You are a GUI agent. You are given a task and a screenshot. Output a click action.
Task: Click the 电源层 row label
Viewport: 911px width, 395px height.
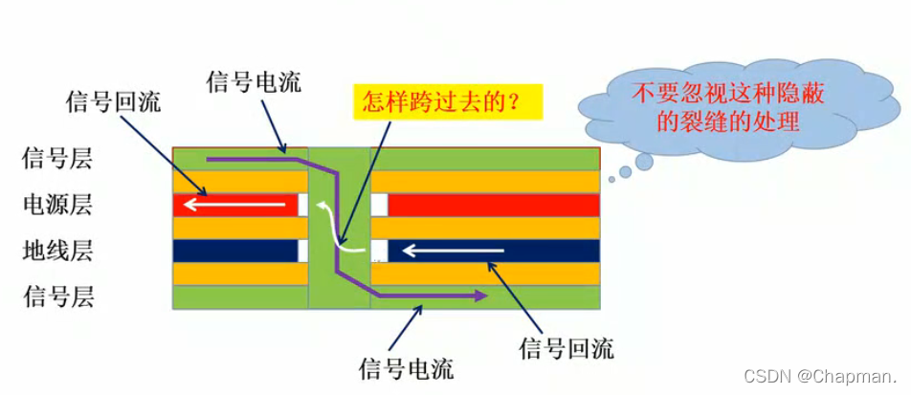(56, 205)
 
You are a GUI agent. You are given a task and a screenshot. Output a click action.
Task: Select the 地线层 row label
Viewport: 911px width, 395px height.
(56, 252)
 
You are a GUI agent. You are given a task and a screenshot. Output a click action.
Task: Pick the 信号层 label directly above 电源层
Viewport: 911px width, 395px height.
(56, 158)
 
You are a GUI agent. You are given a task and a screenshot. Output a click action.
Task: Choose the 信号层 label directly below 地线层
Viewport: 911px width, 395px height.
(56, 296)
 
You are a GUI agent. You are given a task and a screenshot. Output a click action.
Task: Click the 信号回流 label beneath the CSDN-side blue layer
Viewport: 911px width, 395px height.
(565, 347)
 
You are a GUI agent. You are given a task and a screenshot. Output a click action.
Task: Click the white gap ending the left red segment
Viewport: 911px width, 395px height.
(303, 205)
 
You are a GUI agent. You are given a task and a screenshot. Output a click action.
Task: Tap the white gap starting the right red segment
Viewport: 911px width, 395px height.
(379, 205)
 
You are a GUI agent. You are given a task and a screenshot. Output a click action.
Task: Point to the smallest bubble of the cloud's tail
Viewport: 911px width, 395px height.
(611, 179)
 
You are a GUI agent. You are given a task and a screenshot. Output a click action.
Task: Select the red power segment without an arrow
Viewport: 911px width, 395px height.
(494, 205)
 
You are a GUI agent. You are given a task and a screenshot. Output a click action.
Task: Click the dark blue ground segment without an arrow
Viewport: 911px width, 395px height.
(234, 251)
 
